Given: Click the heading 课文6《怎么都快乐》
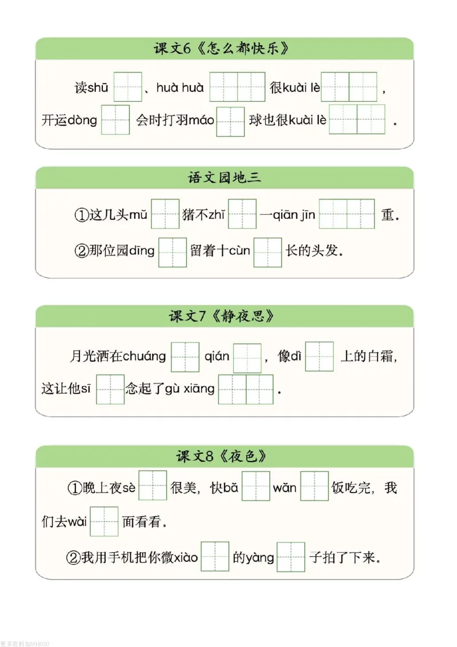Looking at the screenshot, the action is tap(224, 49).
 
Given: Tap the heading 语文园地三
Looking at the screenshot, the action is tap(224, 178).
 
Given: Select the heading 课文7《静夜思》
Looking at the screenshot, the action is tap(224, 316).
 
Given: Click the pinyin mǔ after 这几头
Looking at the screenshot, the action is tap(138, 215).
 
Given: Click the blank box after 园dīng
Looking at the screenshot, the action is tap(172, 251).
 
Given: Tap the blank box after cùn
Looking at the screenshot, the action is tap(267, 251).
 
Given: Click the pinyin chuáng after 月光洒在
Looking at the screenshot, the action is tap(144, 357).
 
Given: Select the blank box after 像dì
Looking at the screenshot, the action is tap(319, 357).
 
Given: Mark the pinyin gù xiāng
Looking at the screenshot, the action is tap(190, 389).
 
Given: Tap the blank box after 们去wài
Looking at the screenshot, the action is tap(104, 521).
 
